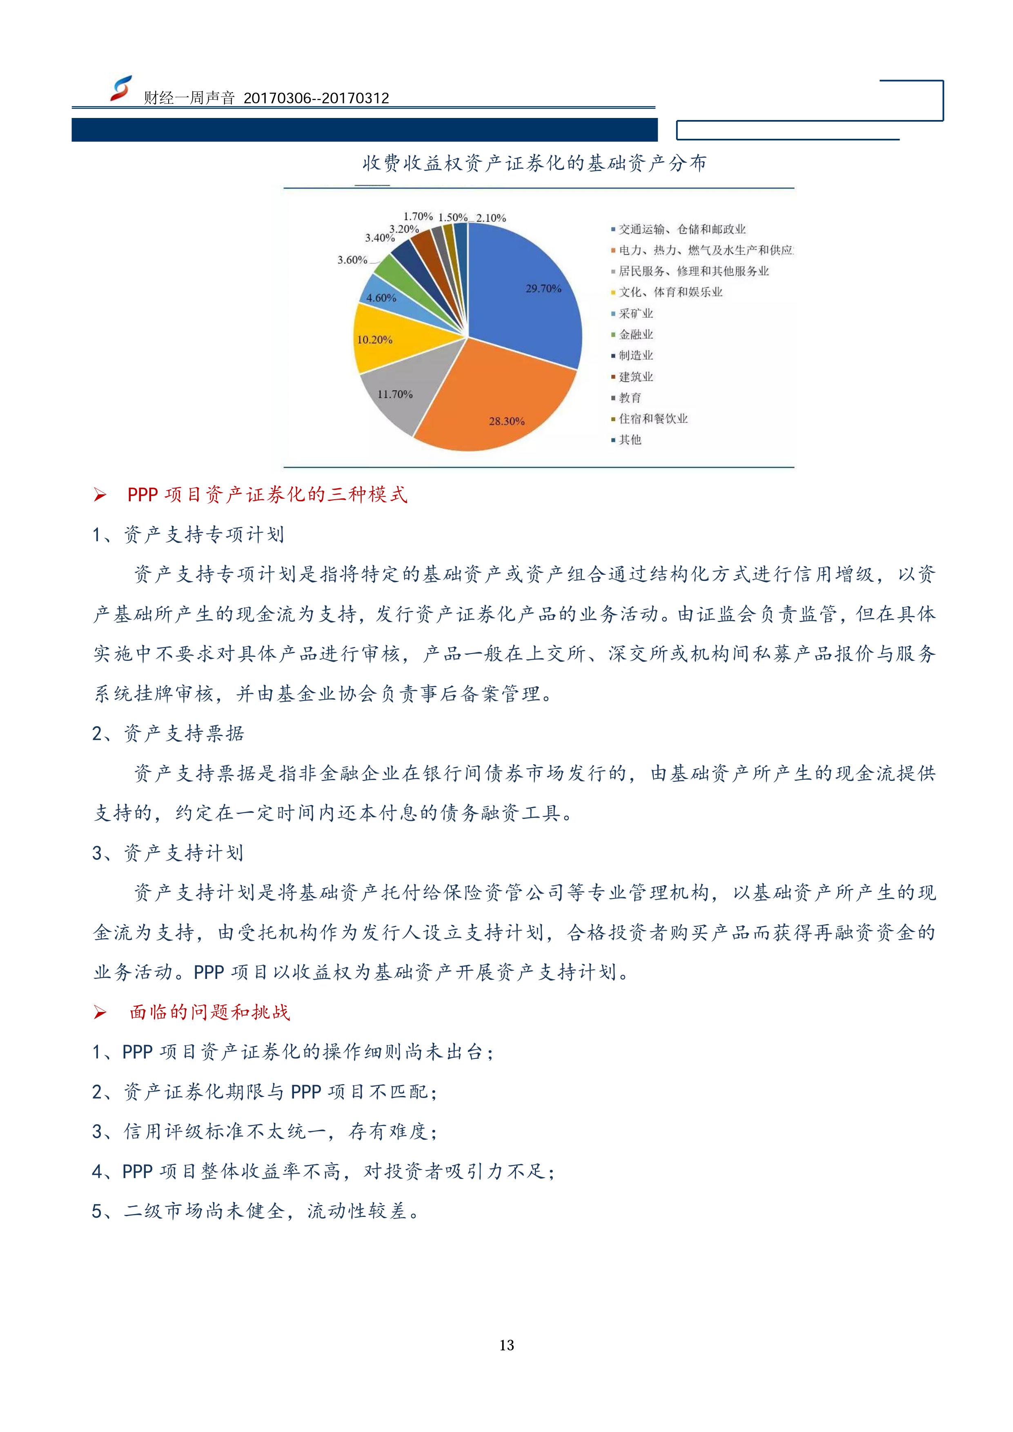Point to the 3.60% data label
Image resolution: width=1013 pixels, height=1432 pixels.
point(352,260)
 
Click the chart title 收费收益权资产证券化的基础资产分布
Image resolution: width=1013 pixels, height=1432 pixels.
point(534,163)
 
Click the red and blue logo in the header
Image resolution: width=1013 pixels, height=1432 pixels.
point(121,89)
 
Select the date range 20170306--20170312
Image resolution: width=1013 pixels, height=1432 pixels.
point(316,98)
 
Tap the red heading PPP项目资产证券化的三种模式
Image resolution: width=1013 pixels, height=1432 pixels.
point(267,495)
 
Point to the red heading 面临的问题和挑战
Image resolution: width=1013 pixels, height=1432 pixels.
point(209,1012)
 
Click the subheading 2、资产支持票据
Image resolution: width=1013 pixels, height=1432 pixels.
point(168,734)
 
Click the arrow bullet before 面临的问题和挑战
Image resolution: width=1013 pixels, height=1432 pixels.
point(100,1013)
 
